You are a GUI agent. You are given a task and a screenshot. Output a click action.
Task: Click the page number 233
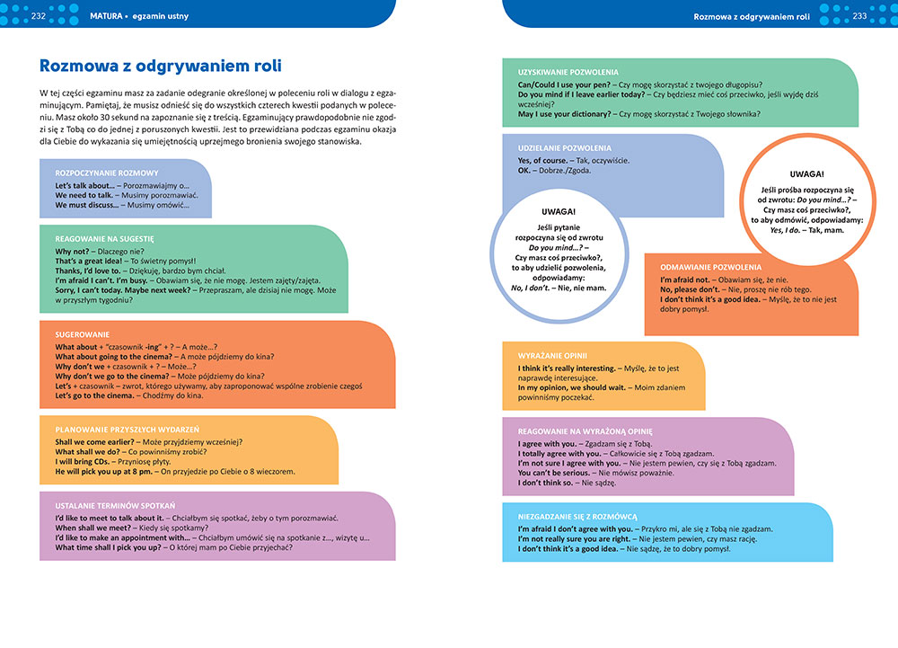pyautogui.click(x=859, y=15)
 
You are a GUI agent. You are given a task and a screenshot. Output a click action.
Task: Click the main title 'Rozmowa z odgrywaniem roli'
pyautogui.click(x=162, y=66)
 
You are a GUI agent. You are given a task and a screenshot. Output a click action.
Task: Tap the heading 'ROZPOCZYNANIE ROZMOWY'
pyautogui.click(x=107, y=173)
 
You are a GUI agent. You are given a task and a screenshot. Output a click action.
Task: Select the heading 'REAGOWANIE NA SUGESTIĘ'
pyautogui.click(x=105, y=239)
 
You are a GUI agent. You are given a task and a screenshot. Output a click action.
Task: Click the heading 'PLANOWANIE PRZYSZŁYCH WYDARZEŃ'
pyautogui.click(x=127, y=430)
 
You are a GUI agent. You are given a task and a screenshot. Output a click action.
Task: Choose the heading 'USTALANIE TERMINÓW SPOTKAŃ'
pyautogui.click(x=115, y=505)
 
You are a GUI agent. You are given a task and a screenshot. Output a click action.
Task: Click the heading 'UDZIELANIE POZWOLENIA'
pyautogui.click(x=565, y=148)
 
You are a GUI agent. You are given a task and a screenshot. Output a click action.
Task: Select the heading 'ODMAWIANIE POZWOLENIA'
pyautogui.click(x=710, y=267)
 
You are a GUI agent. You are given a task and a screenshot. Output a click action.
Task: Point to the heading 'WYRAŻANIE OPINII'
pyautogui.click(x=551, y=356)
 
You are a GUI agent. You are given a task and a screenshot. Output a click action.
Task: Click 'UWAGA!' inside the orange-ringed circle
pyautogui.click(x=806, y=173)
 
